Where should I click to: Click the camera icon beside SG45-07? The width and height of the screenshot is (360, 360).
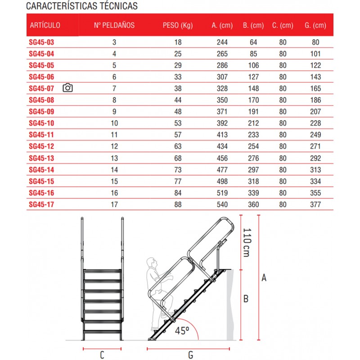pos(67,88)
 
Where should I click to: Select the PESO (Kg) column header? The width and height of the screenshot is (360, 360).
pos(178,25)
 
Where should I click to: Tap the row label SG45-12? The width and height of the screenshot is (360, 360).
pos(41,147)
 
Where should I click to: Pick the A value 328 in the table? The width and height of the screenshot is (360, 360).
pos(222,88)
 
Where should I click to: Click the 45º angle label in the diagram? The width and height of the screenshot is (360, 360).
pos(182,331)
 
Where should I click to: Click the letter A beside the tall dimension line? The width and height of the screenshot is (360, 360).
pos(264,278)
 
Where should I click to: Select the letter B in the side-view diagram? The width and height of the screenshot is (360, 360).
pos(246,298)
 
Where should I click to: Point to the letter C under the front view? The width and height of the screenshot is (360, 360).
pos(102,355)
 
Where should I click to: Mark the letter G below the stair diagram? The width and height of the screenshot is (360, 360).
pos(190,355)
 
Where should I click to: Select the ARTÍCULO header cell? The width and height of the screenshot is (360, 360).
pos(45,25)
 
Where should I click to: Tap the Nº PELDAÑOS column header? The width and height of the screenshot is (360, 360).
pos(114,25)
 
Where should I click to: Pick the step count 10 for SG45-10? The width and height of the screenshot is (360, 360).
pos(114,123)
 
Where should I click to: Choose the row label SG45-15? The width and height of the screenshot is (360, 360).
pos(41,181)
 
